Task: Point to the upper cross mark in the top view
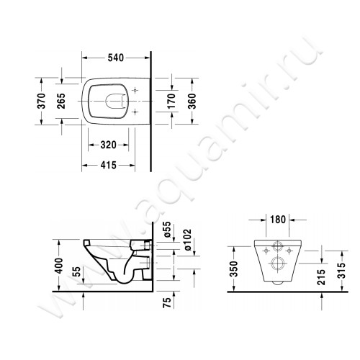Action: tap(133, 89)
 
